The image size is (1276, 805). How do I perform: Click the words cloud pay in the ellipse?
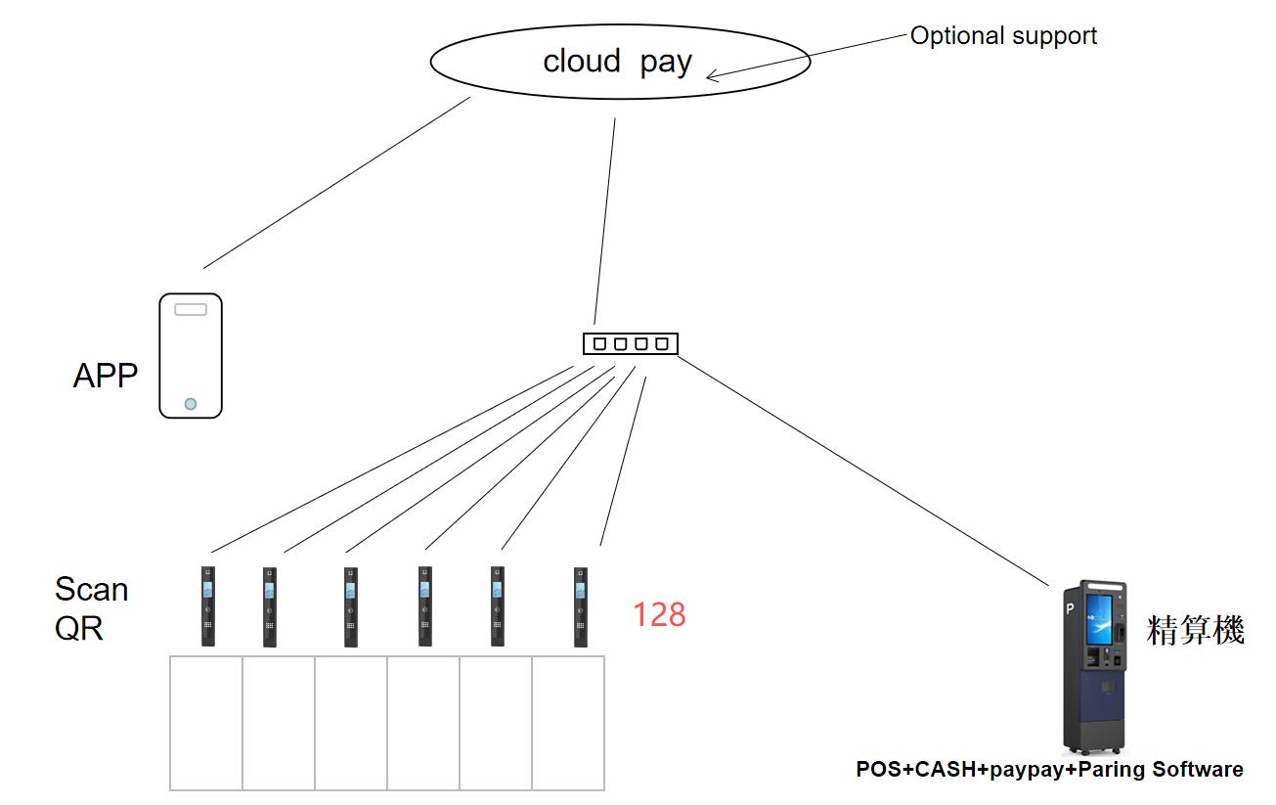pyautogui.click(x=617, y=62)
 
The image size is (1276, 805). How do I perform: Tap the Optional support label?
pyautogui.click(x=1003, y=36)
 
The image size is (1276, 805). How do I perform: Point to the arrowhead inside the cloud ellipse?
pyautogui.click(x=713, y=75)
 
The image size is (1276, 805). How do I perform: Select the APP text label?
pyautogui.click(x=106, y=376)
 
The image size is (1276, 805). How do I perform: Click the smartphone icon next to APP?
pyautogui.click(x=191, y=356)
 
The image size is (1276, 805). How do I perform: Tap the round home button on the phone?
pyautogui.click(x=191, y=403)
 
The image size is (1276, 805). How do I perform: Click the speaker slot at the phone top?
pyautogui.click(x=191, y=309)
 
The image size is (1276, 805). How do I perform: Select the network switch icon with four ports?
pyautogui.click(x=630, y=343)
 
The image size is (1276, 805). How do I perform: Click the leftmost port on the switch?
pyautogui.click(x=599, y=343)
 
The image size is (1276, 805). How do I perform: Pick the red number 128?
pyautogui.click(x=659, y=614)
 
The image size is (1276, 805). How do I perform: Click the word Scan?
pyautogui.click(x=91, y=589)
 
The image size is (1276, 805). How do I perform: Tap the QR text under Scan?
pyautogui.click(x=78, y=627)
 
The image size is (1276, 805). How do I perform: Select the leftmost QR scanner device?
pyautogui.click(x=208, y=605)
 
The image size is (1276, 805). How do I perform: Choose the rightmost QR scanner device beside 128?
pyautogui.click(x=581, y=605)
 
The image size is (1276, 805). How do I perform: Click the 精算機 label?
pyautogui.click(x=1195, y=630)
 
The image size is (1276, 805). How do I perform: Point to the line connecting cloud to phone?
pyautogui.click(x=336, y=183)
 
